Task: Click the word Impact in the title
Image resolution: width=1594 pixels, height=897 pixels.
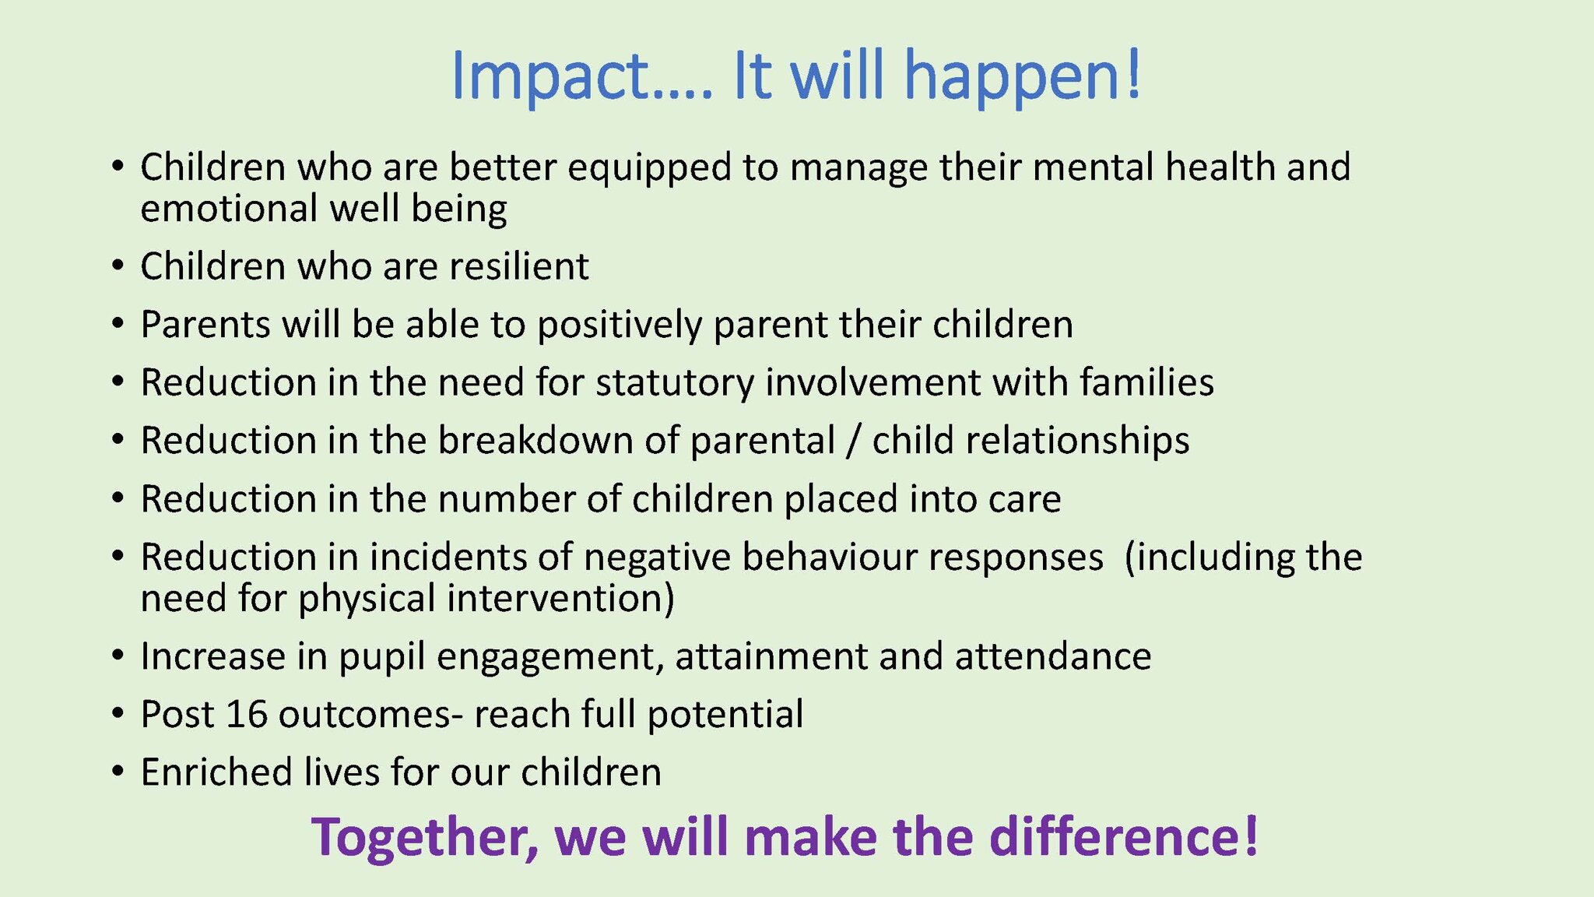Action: click(x=551, y=76)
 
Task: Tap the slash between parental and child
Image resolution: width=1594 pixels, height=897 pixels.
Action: click(x=854, y=441)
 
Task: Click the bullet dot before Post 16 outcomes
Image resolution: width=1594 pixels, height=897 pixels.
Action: click(x=118, y=714)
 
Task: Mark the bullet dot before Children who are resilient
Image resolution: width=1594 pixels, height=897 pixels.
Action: click(x=118, y=266)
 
